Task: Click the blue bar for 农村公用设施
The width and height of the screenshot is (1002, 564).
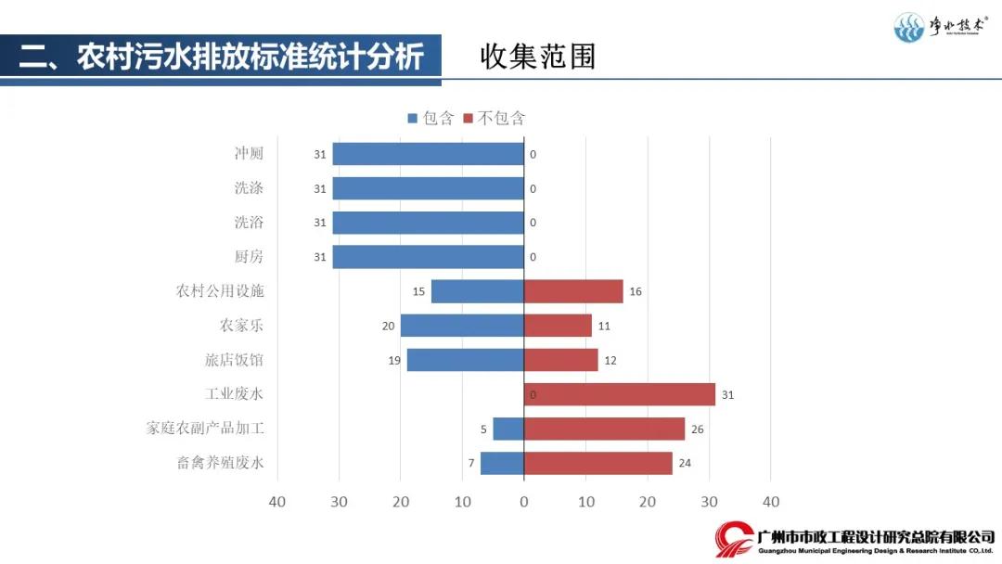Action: coord(477,291)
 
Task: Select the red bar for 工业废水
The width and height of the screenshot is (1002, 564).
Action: coord(619,394)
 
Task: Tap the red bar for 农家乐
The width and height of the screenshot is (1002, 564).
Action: coord(558,326)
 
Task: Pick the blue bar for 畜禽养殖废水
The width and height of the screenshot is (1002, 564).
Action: coord(502,463)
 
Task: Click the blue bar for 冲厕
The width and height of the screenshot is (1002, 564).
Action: coord(428,154)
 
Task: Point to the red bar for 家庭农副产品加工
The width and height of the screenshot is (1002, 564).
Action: coord(604,429)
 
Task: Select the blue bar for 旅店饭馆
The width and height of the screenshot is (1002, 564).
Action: coord(465,360)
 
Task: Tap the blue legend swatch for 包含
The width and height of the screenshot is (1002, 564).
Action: coord(413,118)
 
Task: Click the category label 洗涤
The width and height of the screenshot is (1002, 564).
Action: coord(249,188)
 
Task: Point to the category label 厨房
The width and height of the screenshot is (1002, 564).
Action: coord(249,257)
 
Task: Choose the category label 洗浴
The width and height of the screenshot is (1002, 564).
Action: coord(249,223)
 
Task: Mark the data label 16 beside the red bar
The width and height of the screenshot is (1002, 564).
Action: coord(636,291)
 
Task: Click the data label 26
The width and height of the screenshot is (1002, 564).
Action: coord(697,429)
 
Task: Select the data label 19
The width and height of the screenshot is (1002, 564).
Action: coord(394,360)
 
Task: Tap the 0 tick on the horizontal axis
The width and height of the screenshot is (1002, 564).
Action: coord(524,502)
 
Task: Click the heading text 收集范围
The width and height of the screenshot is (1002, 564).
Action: coord(538,57)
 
